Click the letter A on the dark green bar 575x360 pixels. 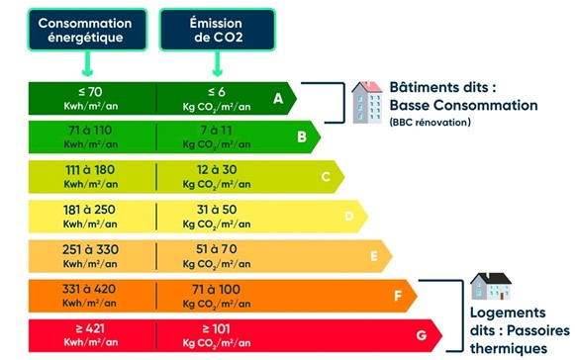point(279,98)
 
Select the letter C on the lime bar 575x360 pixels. point(326,176)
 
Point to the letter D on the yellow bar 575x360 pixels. point(348,216)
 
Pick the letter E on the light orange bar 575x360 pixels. point(373,255)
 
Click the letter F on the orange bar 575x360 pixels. point(396,295)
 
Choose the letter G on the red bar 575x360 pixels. point(422,335)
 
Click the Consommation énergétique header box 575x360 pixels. point(88,30)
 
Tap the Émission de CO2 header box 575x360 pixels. point(213,30)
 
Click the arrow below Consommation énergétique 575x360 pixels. point(88,64)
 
